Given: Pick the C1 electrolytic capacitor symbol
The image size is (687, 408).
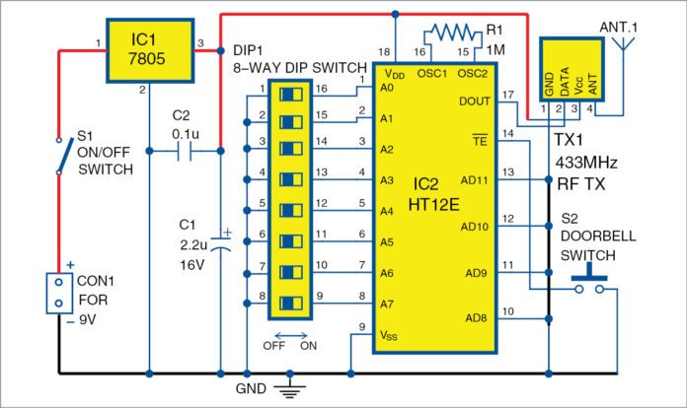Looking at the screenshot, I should (x=218, y=242).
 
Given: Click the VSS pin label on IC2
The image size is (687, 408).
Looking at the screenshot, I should (x=389, y=335).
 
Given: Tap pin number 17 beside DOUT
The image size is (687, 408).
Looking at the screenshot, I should (x=507, y=94).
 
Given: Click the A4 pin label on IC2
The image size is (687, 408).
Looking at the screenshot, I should (x=386, y=211).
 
